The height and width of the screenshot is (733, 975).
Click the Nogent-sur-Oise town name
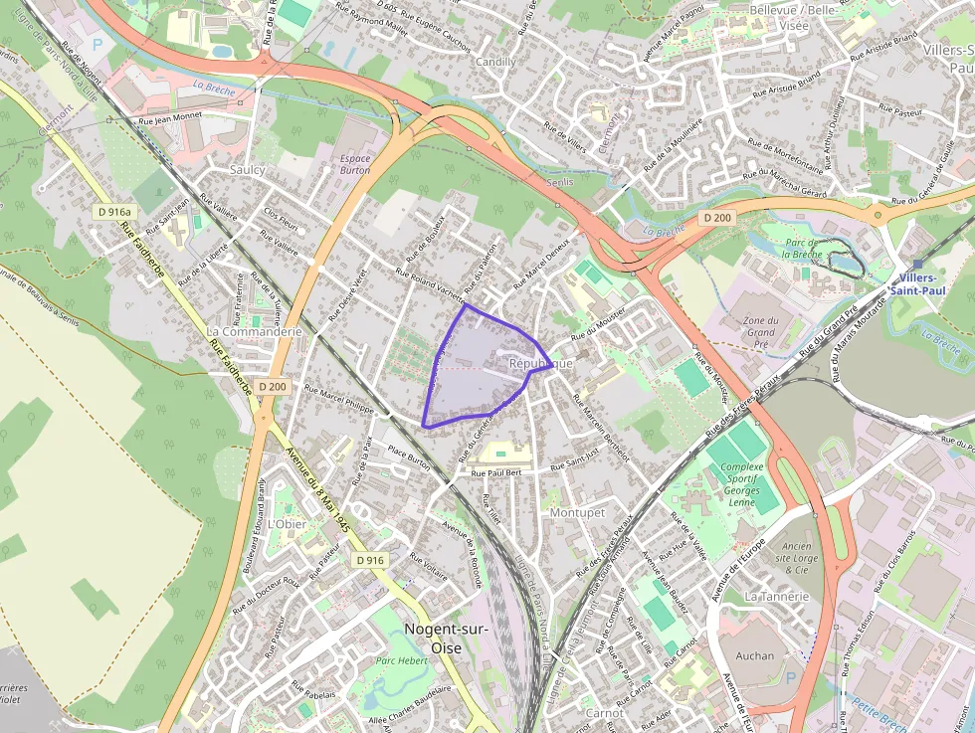tap(439, 637)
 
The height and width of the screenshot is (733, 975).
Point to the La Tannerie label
tap(777, 597)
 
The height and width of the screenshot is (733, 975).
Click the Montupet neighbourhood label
tap(577, 512)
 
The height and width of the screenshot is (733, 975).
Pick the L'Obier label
tap(288, 524)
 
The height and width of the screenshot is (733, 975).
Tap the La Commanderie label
tap(254, 331)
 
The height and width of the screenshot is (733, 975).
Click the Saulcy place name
tap(248, 170)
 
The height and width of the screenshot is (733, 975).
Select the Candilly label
tap(496, 62)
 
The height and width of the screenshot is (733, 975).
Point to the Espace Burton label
tap(355, 164)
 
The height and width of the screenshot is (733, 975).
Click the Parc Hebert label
tap(401, 660)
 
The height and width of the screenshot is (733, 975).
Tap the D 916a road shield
tap(115, 212)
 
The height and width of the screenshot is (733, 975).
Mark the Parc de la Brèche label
tap(800, 248)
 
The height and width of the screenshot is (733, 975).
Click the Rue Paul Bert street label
tap(496, 472)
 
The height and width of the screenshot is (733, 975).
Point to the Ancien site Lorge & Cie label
tap(796, 558)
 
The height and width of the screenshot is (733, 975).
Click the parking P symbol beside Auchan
tap(791, 677)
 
